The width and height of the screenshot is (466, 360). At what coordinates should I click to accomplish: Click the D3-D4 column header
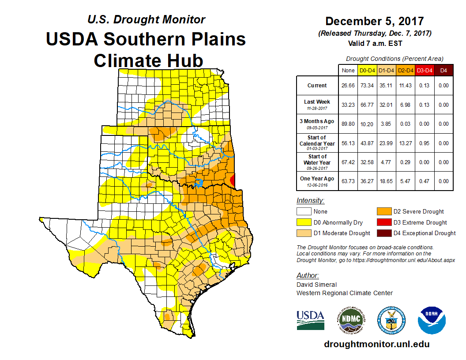[x=425, y=70]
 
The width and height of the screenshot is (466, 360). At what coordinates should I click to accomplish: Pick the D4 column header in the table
[x=444, y=70]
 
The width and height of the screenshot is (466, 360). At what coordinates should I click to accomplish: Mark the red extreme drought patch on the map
[x=233, y=179]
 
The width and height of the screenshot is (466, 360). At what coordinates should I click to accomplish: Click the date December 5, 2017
[x=374, y=21]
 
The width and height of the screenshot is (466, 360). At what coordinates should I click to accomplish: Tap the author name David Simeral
[x=316, y=285]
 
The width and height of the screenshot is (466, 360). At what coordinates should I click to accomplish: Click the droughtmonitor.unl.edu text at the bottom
[x=376, y=344]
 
